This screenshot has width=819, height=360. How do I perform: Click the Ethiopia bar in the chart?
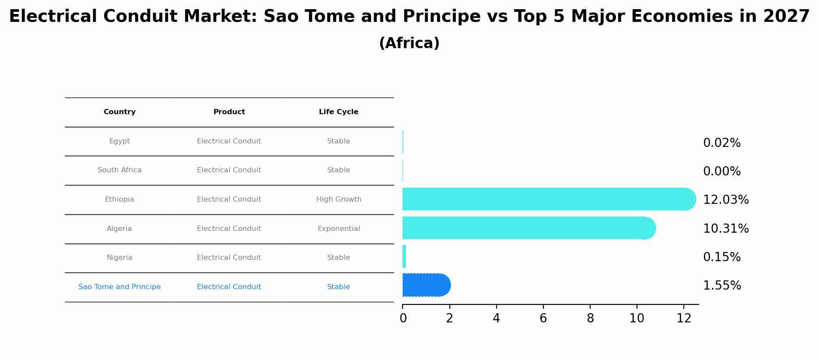point(547,199)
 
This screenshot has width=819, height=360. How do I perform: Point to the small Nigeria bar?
point(404,257)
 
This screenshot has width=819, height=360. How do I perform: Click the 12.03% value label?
point(725,200)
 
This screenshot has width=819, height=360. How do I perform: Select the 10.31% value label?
point(725,229)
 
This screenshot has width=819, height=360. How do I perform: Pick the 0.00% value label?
point(721,171)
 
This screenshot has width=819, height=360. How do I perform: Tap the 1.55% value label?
point(721,286)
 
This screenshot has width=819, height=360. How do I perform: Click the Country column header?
point(119,112)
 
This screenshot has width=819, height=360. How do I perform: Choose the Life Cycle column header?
point(338,112)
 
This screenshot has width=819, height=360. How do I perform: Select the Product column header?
point(229,112)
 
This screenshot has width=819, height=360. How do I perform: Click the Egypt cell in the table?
point(119,141)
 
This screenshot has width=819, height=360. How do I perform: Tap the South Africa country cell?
point(119,170)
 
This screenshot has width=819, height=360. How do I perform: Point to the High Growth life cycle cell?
point(339,199)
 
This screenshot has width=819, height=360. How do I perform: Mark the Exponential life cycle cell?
point(339,229)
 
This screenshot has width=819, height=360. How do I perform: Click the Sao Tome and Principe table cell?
point(119,287)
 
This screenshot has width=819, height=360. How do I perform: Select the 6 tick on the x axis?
point(543,318)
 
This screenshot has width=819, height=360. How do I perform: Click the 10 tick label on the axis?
point(637,318)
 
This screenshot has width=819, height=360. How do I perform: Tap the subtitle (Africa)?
point(409,43)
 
